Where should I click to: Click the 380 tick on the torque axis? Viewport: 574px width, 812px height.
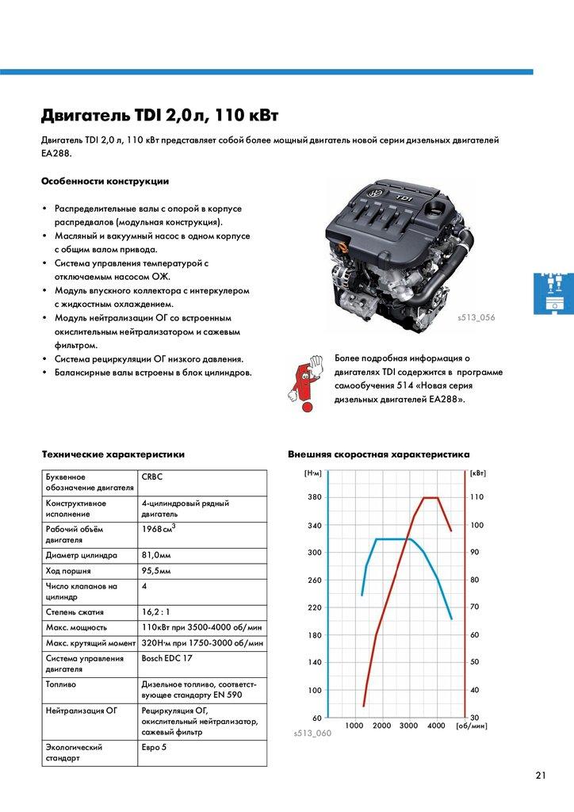pyautogui.click(x=314, y=497)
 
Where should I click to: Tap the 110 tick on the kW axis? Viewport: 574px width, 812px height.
pyautogui.click(x=476, y=497)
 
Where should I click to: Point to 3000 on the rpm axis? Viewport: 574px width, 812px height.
pyautogui.click(x=409, y=726)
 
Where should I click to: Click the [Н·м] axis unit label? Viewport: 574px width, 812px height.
pyautogui.click(x=312, y=473)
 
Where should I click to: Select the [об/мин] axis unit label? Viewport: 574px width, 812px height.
pyautogui.click(x=473, y=726)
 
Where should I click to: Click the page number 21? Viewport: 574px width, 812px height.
pyautogui.click(x=541, y=775)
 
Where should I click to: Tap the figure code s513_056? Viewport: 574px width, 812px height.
pyautogui.click(x=476, y=317)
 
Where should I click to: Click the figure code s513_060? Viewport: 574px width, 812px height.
pyautogui.click(x=312, y=733)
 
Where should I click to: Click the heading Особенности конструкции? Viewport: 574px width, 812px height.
pyautogui.click(x=105, y=182)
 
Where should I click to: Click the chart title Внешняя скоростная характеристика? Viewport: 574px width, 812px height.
pyautogui.click(x=378, y=454)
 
